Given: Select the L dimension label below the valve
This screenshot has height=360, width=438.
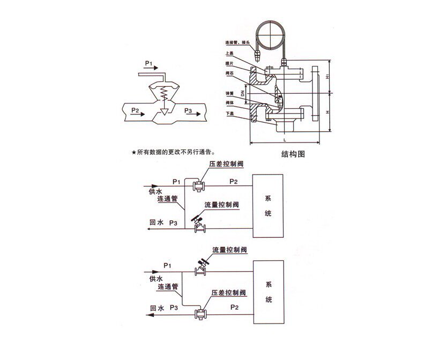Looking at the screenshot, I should [284, 140].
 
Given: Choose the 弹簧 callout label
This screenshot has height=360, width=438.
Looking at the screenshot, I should [229, 93].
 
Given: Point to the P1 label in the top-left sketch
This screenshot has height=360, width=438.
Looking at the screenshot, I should [149, 63].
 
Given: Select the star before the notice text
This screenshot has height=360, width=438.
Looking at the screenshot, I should [133, 153].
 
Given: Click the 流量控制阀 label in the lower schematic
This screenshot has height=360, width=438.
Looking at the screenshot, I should [229, 250].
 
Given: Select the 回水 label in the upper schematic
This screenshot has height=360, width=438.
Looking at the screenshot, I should [155, 222].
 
